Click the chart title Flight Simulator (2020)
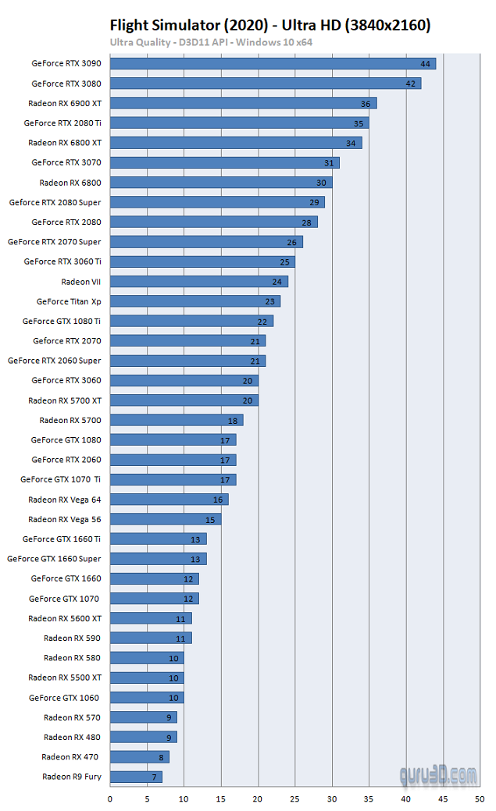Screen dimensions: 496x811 point(189,25)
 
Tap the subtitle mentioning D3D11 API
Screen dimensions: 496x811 point(211,42)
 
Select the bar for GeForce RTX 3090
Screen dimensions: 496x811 point(273,64)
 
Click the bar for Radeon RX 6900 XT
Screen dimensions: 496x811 point(244,104)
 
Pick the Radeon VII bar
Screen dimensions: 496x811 point(199,281)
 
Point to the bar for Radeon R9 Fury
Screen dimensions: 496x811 point(136,777)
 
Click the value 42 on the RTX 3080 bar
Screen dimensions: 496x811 point(411,84)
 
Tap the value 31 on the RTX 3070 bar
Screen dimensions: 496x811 point(329,163)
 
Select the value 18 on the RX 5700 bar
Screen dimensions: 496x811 point(233,421)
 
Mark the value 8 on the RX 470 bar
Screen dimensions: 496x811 point(161,757)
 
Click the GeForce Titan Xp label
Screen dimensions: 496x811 point(69,301)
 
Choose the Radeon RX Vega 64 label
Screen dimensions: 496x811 point(65,500)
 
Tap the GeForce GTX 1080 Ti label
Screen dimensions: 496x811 point(62,321)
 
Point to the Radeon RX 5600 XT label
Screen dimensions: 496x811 point(65,619)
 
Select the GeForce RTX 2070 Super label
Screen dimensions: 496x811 point(55,241)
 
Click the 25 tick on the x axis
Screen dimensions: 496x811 point(294,799)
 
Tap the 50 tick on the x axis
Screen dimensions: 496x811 point(480,799)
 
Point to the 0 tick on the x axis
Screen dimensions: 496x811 point(110,799)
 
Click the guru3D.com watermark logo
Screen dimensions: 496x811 point(438,775)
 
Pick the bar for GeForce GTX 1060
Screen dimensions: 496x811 point(147,698)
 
